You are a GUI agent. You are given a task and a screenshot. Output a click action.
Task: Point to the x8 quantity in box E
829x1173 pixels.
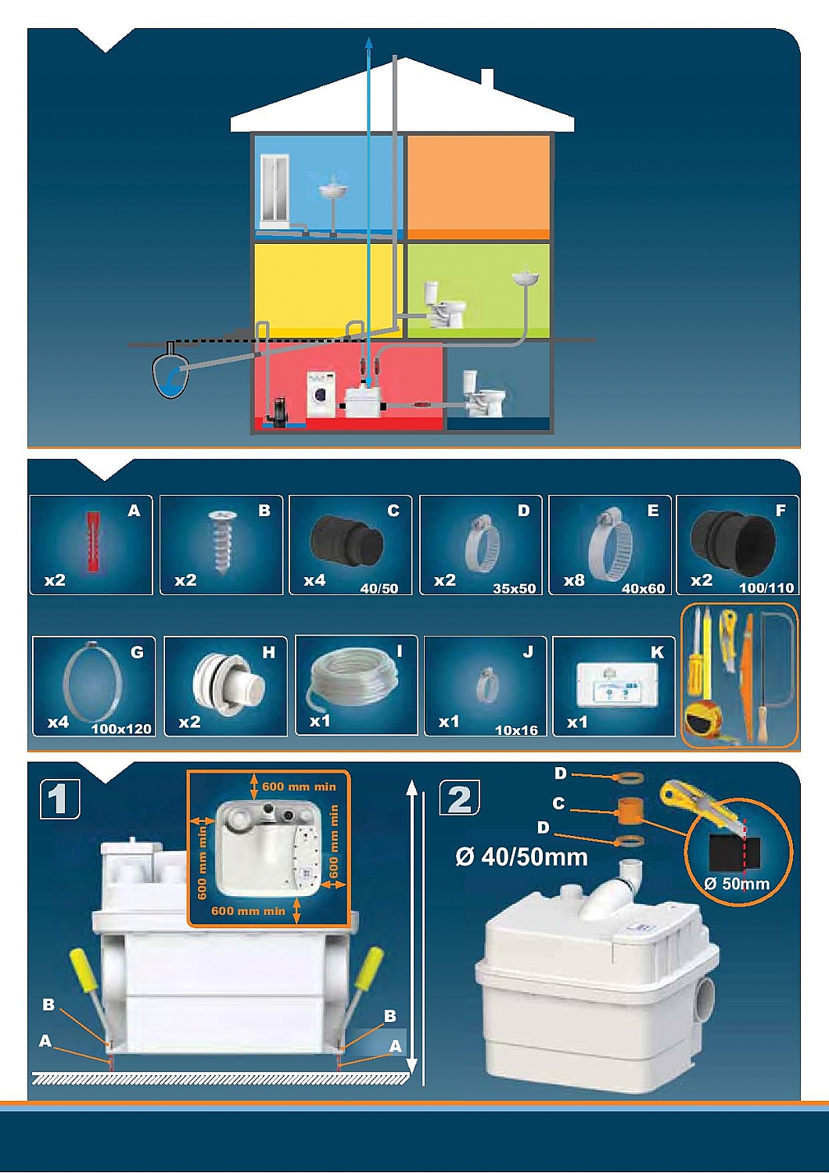click(574, 581)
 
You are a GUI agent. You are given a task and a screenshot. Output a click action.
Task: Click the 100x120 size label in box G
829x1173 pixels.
click(121, 728)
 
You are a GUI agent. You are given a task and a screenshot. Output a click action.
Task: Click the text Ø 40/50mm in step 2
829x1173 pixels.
click(521, 857)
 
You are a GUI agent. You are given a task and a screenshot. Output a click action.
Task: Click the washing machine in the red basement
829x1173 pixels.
click(321, 394)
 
